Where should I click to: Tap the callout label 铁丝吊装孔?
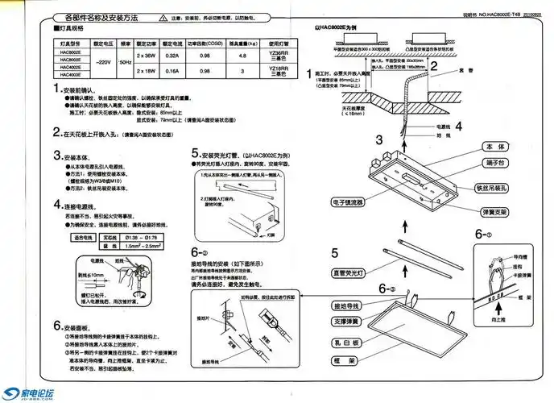point(492,189)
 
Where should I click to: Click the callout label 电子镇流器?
point(347,201)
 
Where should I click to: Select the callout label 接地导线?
point(347,308)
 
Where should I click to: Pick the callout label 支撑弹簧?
point(347,323)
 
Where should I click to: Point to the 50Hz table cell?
point(125,62)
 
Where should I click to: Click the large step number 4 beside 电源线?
point(457,126)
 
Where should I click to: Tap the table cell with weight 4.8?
point(238,56)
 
